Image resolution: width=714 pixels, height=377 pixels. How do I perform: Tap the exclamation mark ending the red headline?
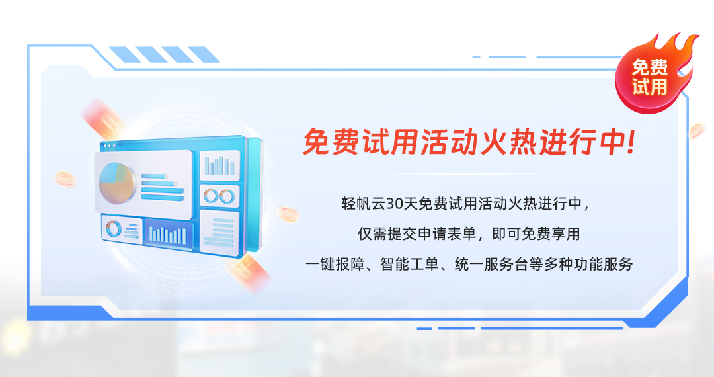630,142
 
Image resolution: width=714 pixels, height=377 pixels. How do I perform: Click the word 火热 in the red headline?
509,142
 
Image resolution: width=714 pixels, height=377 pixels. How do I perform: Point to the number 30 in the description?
395,204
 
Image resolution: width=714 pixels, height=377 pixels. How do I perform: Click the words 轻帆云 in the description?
364,204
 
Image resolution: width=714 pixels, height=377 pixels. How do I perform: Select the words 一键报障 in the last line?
335,264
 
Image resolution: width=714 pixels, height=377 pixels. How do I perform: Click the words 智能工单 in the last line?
409,264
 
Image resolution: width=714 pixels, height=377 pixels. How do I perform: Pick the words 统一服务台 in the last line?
491,264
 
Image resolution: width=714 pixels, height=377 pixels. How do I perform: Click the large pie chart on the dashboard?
116,183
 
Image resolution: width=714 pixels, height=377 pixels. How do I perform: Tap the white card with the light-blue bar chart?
220,165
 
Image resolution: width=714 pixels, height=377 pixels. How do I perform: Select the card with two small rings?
219,196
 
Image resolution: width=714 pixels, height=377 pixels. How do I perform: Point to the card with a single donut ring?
122,230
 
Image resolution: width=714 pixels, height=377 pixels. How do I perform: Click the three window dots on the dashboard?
110,146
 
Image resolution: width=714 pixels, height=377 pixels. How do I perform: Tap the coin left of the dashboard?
65,179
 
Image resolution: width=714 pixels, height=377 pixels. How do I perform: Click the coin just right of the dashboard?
288,214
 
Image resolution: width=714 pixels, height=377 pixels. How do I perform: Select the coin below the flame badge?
697,131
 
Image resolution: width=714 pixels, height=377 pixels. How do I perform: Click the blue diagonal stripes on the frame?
165,54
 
